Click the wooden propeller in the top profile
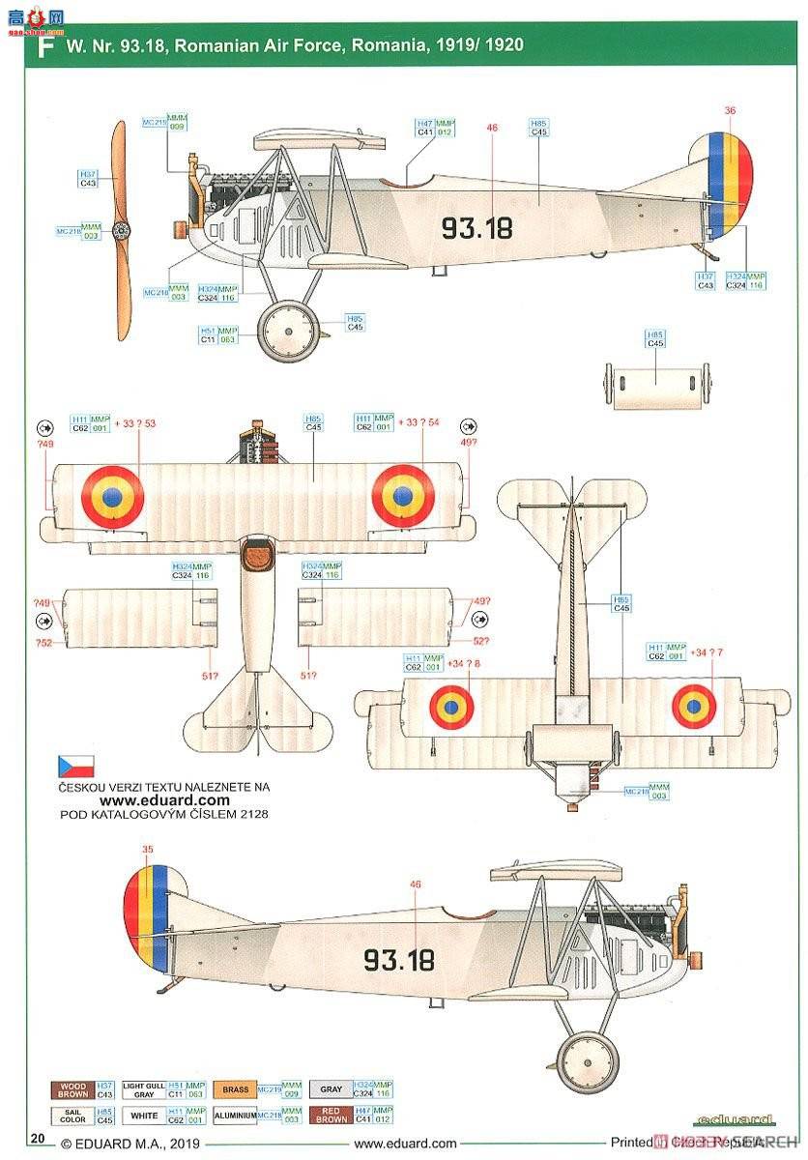click(x=120, y=230)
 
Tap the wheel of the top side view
click(x=288, y=330)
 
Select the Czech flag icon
click(x=75, y=768)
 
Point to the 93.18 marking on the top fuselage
click(x=476, y=228)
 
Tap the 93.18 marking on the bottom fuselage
click(x=398, y=960)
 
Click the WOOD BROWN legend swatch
click(x=73, y=1090)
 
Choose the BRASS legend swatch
click(x=236, y=1090)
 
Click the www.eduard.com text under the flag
click(x=164, y=799)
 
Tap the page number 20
click(x=39, y=1141)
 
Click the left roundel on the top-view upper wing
click(x=112, y=496)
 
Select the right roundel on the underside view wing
click(x=694, y=707)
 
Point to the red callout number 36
click(x=730, y=110)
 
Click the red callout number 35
click(x=147, y=851)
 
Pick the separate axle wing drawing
click(x=656, y=387)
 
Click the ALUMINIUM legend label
click(x=236, y=1116)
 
